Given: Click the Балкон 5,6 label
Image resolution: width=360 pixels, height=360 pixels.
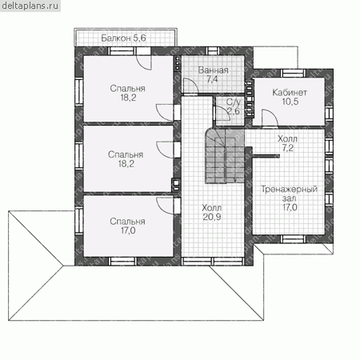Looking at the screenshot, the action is (x=123, y=38).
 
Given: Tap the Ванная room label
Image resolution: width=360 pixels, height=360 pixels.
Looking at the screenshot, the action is (x=213, y=70).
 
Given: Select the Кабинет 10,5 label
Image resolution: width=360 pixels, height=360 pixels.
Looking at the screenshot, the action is (x=290, y=97).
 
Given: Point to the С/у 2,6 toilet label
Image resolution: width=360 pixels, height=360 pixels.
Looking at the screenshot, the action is (x=233, y=106).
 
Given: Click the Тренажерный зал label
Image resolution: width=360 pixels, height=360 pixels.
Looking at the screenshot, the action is (x=290, y=198).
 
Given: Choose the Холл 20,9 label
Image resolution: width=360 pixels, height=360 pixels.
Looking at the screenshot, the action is (x=212, y=212).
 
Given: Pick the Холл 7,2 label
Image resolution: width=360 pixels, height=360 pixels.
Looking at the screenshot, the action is (x=287, y=143).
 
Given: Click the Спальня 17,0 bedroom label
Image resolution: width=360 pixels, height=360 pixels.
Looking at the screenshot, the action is (x=128, y=226).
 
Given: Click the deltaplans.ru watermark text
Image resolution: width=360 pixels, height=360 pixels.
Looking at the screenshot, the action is (x=30, y=6).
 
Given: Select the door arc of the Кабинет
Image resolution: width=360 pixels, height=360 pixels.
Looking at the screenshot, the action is (x=270, y=118).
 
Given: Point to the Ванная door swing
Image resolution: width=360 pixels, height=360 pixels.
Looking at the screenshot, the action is (x=190, y=86).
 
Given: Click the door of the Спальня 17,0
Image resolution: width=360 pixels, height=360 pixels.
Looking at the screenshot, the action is (x=165, y=206).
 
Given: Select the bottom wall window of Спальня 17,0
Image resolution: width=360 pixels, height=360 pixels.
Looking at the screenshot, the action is (x=122, y=262).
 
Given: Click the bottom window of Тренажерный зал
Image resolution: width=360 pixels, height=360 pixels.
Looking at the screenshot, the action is (x=294, y=239).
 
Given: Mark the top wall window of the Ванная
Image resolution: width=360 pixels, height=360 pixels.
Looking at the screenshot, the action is (x=213, y=50).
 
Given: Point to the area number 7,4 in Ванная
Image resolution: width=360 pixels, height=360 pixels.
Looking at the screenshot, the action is (x=212, y=79).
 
